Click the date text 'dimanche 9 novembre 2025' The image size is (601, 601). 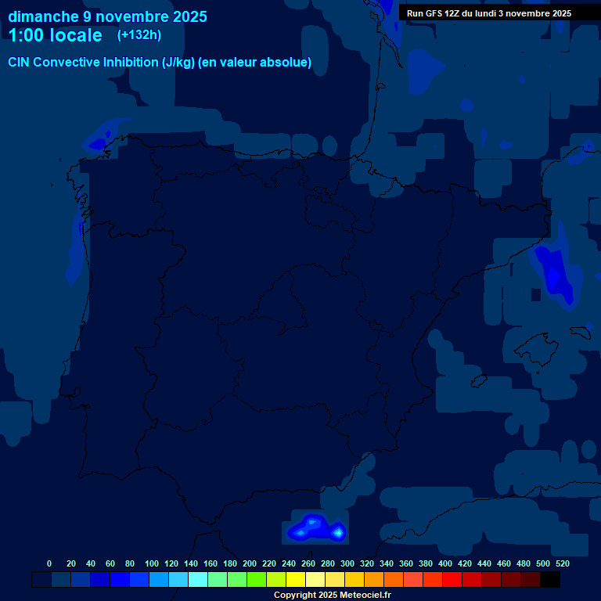coord(107,16)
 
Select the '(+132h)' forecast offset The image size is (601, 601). coord(139,35)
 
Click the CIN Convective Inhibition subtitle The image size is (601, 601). coord(160,63)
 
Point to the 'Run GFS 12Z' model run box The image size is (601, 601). coord(489,13)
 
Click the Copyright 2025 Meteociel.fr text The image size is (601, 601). coord(332,595)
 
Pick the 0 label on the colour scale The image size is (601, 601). coord(49,563)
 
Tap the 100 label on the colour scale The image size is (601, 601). coord(151,563)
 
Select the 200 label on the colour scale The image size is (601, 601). coord(250,563)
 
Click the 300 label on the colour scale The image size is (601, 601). coord(347,563)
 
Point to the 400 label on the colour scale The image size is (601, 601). coord(445,563)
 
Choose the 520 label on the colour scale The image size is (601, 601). coord(563,563)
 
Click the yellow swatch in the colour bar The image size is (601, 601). coord(296,580)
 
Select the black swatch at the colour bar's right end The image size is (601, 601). coord(550,580)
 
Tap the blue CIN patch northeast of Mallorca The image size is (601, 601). coord(556,274)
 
